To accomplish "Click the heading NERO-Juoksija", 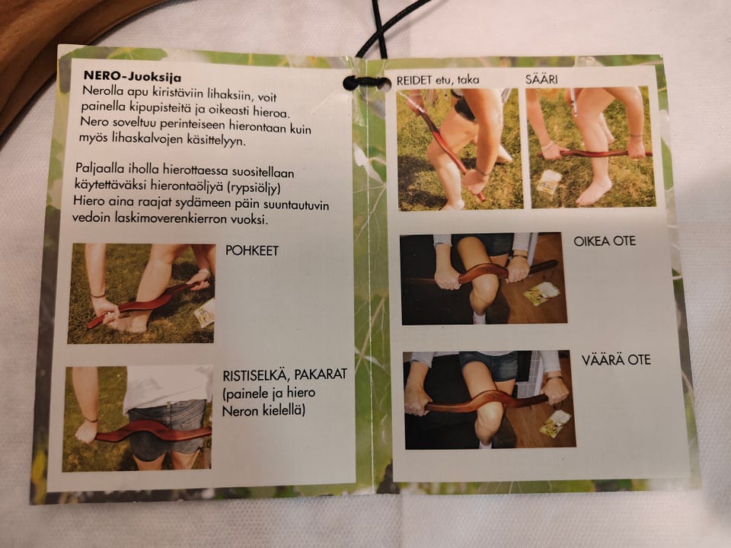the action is (132, 76).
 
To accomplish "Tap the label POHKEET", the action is (252, 250).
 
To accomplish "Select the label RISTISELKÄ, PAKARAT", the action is (285, 374).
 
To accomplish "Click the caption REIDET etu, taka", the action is (438, 80).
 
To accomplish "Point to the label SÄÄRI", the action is (541, 79).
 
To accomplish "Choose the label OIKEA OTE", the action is (604, 241).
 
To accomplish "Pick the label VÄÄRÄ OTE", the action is (616, 360).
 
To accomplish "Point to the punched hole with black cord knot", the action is (366, 83).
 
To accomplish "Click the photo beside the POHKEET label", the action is (142, 294).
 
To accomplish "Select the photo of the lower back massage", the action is (138, 419).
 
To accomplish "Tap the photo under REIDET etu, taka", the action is (460, 150).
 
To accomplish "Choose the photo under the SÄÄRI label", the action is (591, 147).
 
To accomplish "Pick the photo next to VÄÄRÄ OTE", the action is (489, 400).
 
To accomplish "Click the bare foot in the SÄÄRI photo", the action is (593, 192).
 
